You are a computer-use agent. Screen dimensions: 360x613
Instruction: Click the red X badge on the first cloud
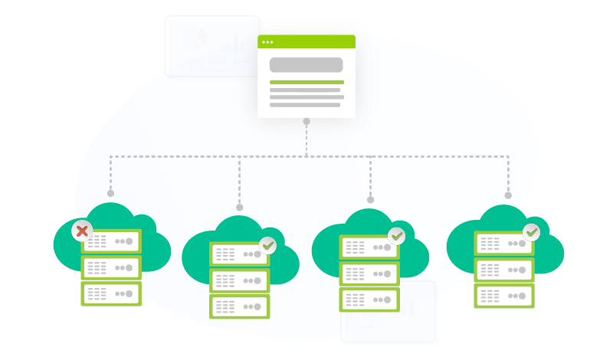(x=82, y=231)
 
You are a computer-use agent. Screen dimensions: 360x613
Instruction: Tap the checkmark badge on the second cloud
(x=267, y=246)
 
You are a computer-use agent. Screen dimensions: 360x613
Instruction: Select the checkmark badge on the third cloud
(x=396, y=237)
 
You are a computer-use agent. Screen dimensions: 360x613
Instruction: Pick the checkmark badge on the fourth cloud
(x=531, y=232)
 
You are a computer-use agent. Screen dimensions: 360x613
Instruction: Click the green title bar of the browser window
(x=306, y=42)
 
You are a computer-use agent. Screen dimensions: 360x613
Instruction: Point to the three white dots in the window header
(x=267, y=42)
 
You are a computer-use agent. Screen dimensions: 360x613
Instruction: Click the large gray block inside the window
(x=306, y=65)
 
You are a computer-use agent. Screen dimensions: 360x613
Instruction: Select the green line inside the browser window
(x=306, y=82)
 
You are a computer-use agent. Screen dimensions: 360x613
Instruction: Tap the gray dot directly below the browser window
(x=306, y=121)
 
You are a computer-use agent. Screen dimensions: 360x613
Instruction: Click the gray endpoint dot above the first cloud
(x=110, y=194)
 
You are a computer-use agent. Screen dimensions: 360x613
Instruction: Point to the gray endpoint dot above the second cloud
(x=239, y=207)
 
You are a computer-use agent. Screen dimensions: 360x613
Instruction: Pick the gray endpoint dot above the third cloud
(x=370, y=199)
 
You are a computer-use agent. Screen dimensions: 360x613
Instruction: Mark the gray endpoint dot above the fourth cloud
(x=508, y=195)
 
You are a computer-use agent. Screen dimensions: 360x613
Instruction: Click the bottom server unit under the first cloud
(x=111, y=293)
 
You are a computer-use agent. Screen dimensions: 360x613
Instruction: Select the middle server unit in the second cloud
(x=239, y=280)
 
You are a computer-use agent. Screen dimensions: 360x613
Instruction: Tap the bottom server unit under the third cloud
(x=369, y=299)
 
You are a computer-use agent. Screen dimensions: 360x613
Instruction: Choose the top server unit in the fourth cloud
(x=503, y=244)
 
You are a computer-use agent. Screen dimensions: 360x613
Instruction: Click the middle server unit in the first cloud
(x=111, y=268)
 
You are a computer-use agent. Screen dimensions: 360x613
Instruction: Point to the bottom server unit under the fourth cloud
(x=503, y=296)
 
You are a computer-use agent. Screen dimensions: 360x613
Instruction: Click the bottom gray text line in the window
(x=305, y=105)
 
